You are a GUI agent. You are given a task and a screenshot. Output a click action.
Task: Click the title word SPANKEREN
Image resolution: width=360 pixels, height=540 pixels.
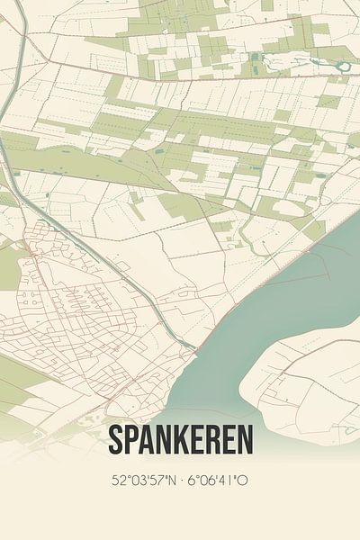[x=180, y=440]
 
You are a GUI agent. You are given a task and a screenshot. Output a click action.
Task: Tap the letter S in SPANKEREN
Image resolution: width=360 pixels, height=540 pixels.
[x=116, y=440]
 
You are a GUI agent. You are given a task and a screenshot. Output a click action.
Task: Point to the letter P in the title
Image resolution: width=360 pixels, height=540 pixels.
[x=132, y=440]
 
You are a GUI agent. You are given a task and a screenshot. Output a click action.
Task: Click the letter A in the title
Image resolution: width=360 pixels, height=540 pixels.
[x=148, y=440]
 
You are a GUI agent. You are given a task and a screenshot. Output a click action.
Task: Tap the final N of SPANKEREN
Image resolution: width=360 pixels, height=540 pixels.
[x=245, y=440]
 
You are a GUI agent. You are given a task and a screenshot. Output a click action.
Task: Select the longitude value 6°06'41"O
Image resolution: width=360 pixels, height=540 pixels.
[x=216, y=481]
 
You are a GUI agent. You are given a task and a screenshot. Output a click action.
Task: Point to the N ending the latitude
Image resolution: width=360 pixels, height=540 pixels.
[x=170, y=481]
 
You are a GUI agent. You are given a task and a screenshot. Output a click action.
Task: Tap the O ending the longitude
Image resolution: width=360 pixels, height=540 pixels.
[x=243, y=481]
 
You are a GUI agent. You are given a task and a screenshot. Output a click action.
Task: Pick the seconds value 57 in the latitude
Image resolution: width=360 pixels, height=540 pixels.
[x=157, y=481]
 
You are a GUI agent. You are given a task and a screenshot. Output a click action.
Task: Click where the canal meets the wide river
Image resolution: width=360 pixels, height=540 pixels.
[x=194, y=347]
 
